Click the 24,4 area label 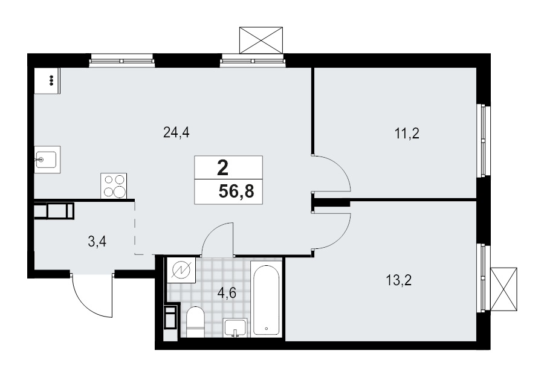click(x=176, y=133)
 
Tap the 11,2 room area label click(x=407, y=134)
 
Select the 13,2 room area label click(x=398, y=280)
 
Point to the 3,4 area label click(x=97, y=242)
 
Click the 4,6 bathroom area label click(x=227, y=294)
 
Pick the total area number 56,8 click(x=236, y=193)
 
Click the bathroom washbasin click(x=235, y=327)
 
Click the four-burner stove click(x=114, y=185)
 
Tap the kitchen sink click(x=46, y=160)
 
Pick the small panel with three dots click(x=48, y=80)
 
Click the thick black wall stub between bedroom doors click(x=331, y=203)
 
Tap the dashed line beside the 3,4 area click(x=135, y=230)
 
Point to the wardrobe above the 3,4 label click(x=54, y=211)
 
